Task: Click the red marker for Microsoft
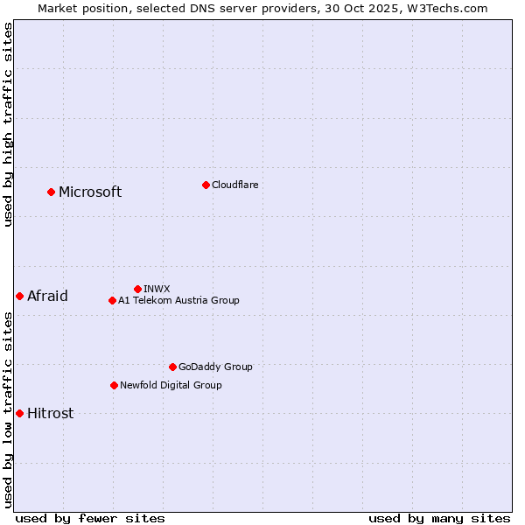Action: click(x=51, y=192)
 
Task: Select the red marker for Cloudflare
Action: click(x=206, y=185)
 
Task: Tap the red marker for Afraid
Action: click(x=19, y=296)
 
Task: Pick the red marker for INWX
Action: click(x=137, y=289)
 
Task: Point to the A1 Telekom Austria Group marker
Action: click(x=112, y=300)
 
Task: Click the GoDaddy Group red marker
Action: click(x=172, y=367)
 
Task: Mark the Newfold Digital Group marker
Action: click(x=114, y=385)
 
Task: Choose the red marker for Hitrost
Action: click(x=19, y=413)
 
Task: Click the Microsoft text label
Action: click(x=90, y=192)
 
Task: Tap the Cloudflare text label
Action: click(x=235, y=185)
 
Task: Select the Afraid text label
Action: click(x=47, y=296)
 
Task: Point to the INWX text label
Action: click(x=157, y=289)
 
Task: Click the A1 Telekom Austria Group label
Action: click(x=178, y=300)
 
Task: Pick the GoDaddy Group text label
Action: click(x=215, y=367)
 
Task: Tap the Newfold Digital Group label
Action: click(x=171, y=385)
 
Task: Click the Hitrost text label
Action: click(x=50, y=414)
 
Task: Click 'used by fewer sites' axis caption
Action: click(x=90, y=518)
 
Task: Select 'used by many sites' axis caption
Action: click(x=439, y=518)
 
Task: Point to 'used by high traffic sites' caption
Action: click(x=8, y=124)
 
